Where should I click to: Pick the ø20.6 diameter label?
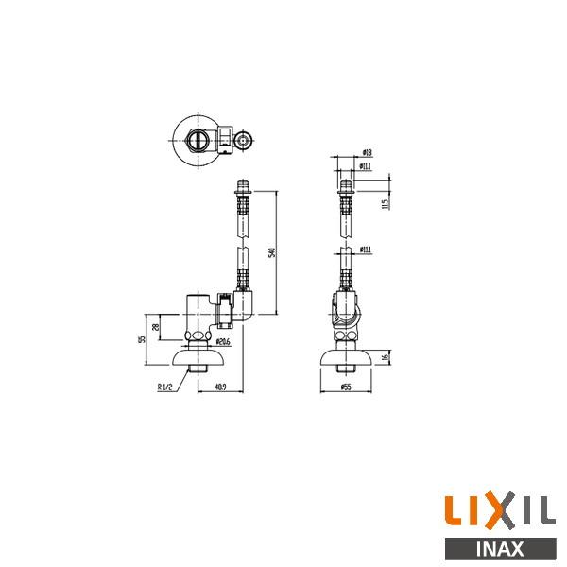[x=223, y=341]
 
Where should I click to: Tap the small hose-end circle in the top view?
[x=244, y=144]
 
